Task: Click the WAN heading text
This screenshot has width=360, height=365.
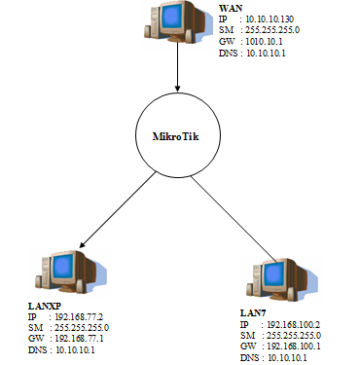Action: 232,8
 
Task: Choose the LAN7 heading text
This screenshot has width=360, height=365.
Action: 254,311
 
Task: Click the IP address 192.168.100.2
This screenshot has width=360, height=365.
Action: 295,323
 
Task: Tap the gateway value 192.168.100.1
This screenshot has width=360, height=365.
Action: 295,347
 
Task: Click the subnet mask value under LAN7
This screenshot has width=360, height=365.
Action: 295,335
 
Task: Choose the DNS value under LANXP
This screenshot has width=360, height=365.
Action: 76,350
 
